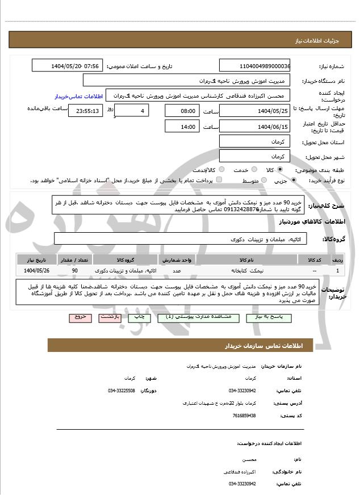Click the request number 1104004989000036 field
tap(254, 66)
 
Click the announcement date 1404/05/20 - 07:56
tap(67, 66)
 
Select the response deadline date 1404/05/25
tap(254, 111)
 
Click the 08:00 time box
tap(181, 111)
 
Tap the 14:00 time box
tap(181, 127)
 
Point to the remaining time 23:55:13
tap(85, 111)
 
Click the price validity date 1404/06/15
tap(254, 127)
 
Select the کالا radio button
tap(279, 170)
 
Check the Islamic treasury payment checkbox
tap(219, 180)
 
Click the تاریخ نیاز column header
tap(37, 259)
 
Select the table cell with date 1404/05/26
tap(37, 271)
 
